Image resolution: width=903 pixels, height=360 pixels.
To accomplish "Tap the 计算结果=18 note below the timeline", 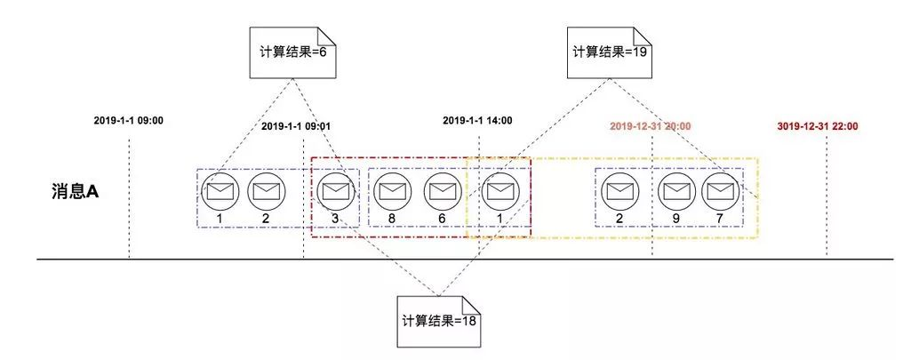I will [x=440, y=320].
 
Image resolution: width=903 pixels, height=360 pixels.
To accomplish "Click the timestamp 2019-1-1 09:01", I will [x=297, y=127].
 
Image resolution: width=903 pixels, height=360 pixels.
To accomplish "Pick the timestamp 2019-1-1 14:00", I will [x=477, y=120].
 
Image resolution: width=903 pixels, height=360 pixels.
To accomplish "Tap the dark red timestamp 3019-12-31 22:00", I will [x=817, y=127].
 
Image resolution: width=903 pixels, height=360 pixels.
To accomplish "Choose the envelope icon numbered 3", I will [x=334, y=188].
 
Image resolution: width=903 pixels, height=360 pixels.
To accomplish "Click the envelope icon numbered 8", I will [x=390, y=188].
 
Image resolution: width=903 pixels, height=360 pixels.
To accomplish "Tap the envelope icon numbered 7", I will [x=718, y=188].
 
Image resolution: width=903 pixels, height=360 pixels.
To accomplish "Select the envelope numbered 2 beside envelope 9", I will [x=619, y=188].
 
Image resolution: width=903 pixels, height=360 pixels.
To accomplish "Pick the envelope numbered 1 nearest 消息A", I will [x=218, y=188].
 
